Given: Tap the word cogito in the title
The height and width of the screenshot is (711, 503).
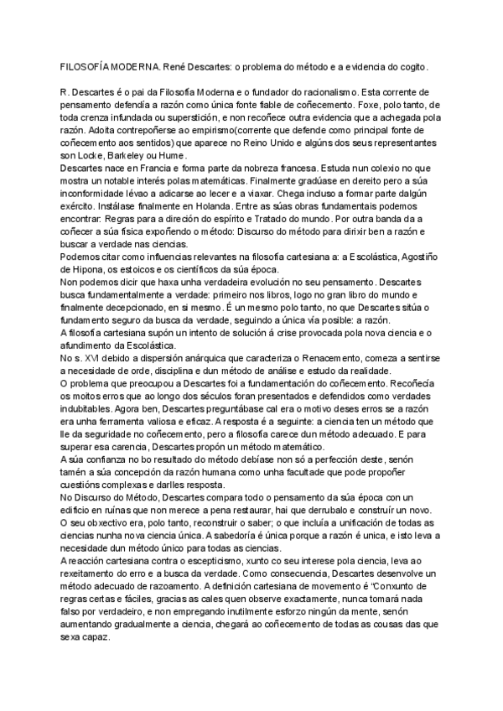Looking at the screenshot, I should tap(411, 65).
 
